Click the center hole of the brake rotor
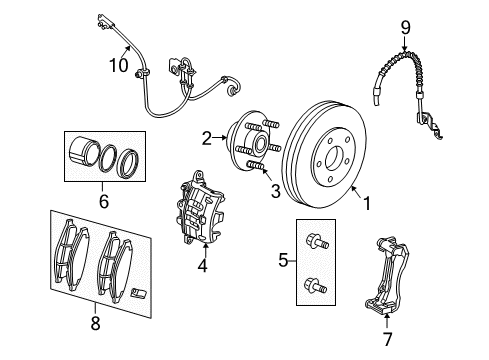click(x=333, y=158)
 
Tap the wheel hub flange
click(x=245, y=146)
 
